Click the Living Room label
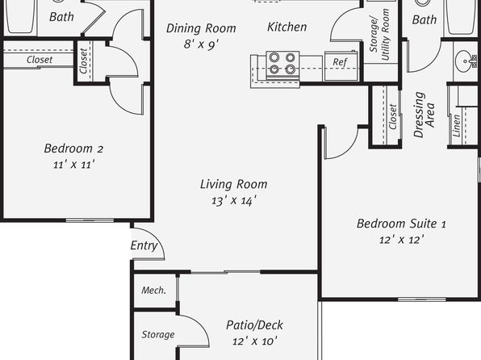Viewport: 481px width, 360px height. (233, 184)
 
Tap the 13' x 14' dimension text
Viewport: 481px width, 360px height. (234, 201)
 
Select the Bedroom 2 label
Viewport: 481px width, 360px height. (73, 149)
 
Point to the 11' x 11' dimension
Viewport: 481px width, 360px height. (73, 165)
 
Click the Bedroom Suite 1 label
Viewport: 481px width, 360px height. (401, 224)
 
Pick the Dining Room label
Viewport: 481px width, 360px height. (201, 28)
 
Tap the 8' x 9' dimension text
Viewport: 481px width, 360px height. (201, 44)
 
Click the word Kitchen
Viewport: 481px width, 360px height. (287, 27)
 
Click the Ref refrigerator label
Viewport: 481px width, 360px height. (340, 62)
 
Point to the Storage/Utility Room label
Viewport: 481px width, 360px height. (379, 35)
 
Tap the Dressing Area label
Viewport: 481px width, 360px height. (424, 114)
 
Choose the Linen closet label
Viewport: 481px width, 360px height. (457, 126)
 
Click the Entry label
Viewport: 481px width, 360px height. (144, 245)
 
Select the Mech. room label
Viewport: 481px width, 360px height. (153, 290)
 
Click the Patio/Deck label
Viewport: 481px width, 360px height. (254, 325)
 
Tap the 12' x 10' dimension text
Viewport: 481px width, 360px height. (254, 341)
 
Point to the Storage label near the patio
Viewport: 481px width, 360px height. (158, 334)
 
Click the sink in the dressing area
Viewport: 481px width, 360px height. (466, 61)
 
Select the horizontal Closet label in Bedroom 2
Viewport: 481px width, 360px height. (40, 60)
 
